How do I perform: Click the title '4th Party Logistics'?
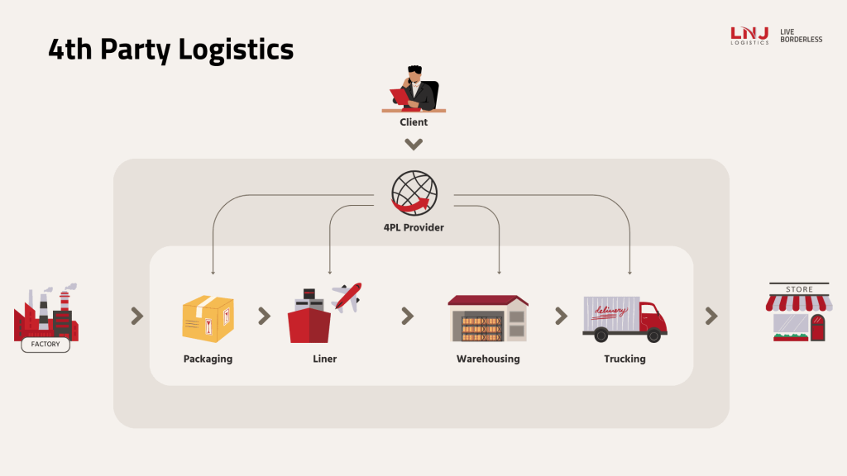170,50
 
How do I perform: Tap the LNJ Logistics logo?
749,35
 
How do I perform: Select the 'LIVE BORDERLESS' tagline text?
801,35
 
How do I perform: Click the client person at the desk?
414,89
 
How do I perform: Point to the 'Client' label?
414,122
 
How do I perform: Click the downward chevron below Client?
414,145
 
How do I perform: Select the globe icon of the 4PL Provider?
414,194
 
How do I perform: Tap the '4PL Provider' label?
414,227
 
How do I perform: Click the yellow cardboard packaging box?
208,319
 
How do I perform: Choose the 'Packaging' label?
208,359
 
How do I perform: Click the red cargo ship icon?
309,321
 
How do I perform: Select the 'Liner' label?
325,359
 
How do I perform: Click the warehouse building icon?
488,318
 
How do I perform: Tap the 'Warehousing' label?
488,359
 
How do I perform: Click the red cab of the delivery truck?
653,319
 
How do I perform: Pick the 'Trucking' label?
624,359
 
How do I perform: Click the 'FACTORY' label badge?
45,344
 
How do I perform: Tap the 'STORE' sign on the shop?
799,289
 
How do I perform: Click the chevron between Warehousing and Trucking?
561,316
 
